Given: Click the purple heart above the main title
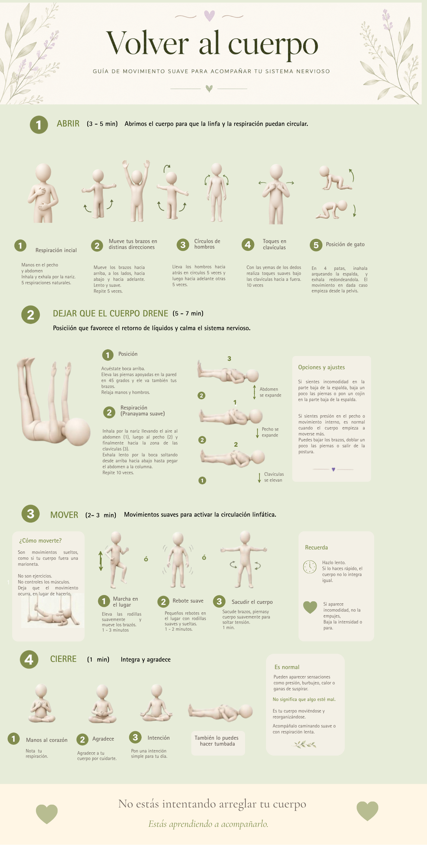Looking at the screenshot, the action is click(x=209, y=16).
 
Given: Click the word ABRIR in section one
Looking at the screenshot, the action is click(x=68, y=124).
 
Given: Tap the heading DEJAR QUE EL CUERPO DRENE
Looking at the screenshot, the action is click(x=110, y=313).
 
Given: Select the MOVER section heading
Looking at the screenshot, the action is click(x=64, y=515).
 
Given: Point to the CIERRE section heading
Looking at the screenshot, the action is click(x=63, y=659).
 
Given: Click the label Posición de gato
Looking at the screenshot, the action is click(x=345, y=244).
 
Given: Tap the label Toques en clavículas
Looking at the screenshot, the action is click(x=274, y=244).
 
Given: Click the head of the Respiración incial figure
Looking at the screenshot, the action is click(x=43, y=172).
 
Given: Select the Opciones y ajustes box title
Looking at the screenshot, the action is click(x=321, y=367).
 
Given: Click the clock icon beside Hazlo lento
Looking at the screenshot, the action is click(x=309, y=567).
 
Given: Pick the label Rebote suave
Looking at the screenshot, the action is click(x=188, y=601).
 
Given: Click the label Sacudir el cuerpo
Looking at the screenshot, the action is click(x=252, y=602).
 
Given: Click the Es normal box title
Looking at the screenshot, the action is click(x=287, y=667).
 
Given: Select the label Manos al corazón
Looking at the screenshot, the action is click(x=47, y=740).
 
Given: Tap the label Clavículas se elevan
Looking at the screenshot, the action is click(x=274, y=477).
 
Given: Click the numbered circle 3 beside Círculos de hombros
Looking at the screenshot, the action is click(x=183, y=245).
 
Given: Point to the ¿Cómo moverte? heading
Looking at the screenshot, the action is click(x=40, y=541).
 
